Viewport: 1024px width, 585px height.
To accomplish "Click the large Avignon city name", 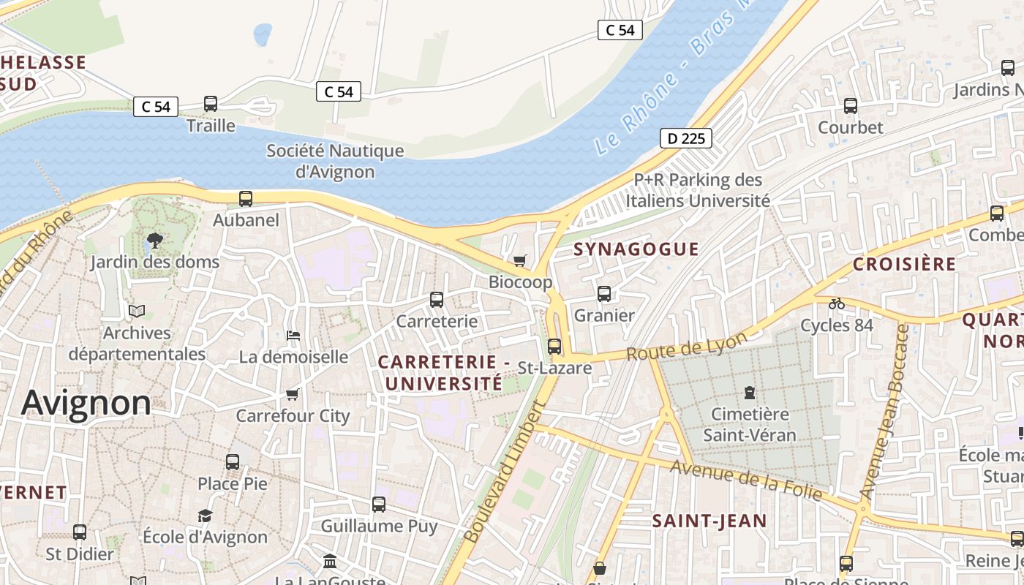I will click(86, 403).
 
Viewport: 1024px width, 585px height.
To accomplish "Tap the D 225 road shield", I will click(685, 138).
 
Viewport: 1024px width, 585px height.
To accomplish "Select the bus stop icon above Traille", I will click(211, 104).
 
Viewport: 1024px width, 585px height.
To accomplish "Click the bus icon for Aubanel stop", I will click(246, 198).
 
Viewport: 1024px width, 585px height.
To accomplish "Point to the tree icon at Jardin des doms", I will click(154, 240).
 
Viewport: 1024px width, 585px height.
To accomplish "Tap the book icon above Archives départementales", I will click(137, 311).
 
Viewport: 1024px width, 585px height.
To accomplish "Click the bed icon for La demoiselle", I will click(293, 335).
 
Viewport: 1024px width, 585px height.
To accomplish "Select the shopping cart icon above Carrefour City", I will click(293, 394).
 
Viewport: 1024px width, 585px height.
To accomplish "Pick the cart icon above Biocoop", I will click(520, 260).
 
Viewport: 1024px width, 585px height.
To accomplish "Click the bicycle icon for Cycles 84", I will click(837, 303).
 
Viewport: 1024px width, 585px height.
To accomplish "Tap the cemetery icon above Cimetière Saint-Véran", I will click(749, 393).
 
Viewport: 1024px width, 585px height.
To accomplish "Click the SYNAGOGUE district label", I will click(636, 249).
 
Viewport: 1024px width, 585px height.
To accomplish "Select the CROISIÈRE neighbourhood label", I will click(905, 264).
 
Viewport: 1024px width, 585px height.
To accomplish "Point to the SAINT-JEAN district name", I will click(709, 521).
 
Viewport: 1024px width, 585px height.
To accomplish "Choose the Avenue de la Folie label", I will click(746, 482).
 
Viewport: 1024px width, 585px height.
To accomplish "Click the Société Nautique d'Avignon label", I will click(335, 161).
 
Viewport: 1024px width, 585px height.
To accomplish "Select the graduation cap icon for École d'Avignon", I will click(205, 516).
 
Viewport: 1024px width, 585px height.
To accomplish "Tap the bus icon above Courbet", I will click(851, 105).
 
